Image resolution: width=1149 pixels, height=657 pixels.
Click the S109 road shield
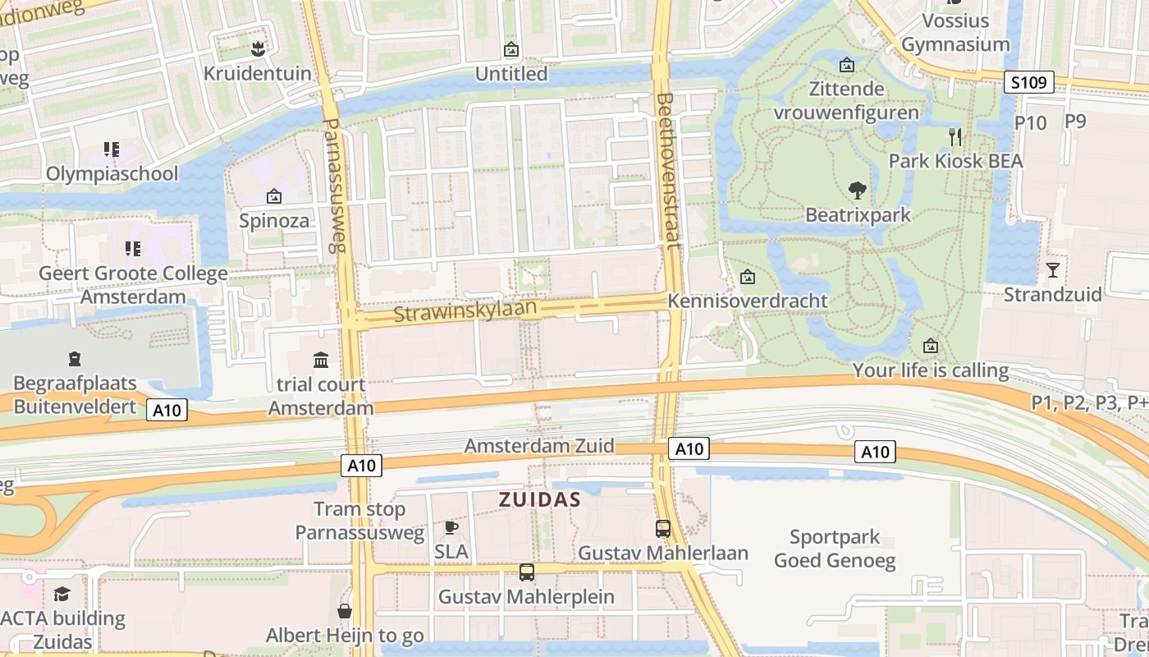pos(1028,82)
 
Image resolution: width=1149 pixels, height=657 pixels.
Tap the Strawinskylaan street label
pos(465,312)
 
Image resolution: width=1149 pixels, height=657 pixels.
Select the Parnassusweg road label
pos(336,186)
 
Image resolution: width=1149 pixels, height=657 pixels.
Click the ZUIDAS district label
pos(540,499)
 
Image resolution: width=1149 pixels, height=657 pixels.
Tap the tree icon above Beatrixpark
pos(858,191)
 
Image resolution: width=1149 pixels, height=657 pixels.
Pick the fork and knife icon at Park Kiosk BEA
pos(954,136)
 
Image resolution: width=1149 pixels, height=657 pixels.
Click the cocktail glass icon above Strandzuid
pos(1053,269)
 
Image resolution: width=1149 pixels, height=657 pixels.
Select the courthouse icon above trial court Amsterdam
pos(321,360)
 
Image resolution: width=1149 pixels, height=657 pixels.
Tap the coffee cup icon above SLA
pos(451,527)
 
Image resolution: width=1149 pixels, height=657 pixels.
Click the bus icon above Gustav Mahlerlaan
pos(663,529)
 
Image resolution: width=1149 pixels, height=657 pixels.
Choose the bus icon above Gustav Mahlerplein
pos(526,572)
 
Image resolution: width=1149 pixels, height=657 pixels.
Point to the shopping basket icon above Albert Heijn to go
pos(345,611)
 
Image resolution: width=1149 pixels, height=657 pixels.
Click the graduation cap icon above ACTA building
pos(62,594)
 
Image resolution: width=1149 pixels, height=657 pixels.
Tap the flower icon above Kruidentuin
pos(258,48)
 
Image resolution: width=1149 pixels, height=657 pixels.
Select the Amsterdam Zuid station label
pos(539,446)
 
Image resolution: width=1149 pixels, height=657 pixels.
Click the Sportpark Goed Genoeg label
pos(835,549)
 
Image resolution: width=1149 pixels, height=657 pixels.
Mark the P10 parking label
pos(1031,122)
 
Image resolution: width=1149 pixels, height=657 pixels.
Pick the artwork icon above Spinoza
pos(274,196)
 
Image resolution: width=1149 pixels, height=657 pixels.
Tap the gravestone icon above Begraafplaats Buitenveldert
pos(75,359)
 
